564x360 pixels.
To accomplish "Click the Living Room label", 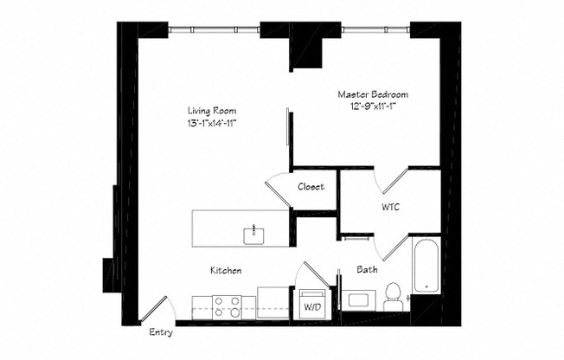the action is click(212, 111).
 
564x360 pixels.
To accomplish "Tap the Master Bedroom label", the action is click(373, 94).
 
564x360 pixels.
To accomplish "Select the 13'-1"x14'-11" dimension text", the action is click(212, 123).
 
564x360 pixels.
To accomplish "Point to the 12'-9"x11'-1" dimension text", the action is click(373, 106).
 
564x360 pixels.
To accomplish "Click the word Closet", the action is click(311, 186).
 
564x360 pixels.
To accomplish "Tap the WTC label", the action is click(390, 207).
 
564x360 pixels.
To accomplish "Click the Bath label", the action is click(368, 269).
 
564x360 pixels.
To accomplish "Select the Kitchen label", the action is click(226, 270).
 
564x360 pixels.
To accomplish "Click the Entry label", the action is click(161, 332).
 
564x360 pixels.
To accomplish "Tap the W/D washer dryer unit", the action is click(312, 305).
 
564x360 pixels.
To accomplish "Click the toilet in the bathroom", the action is click(393, 297).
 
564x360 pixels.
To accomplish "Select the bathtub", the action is click(426, 266).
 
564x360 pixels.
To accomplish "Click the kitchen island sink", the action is click(253, 235).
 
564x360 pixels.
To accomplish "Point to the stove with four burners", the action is click(227, 307).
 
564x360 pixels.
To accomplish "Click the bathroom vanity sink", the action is click(359, 300).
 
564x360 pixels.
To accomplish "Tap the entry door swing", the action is click(157, 309).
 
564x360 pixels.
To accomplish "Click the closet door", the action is click(278, 190).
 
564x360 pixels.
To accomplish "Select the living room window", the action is click(214, 29).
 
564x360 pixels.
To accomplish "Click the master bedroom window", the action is click(375, 29).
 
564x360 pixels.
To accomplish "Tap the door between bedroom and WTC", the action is click(390, 180).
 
